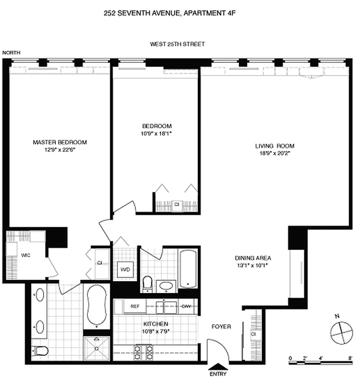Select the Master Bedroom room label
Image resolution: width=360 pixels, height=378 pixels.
(x=60, y=142)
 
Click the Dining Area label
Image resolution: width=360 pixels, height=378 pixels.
(x=253, y=258)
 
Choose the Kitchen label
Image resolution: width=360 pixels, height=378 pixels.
(x=156, y=324)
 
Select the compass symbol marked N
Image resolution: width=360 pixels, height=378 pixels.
(x=339, y=332)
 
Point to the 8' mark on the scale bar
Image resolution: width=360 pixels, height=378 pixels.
(x=351, y=358)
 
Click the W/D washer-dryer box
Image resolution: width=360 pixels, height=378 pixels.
(x=125, y=270)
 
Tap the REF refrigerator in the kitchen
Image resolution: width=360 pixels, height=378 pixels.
(x=134, y=306)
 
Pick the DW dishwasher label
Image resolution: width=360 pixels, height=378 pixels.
(x=186, y=306)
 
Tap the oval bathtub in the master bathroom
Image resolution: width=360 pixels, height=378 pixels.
(x=96, y=306)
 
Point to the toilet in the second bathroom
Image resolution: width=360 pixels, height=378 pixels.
(x=147, y=283)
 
